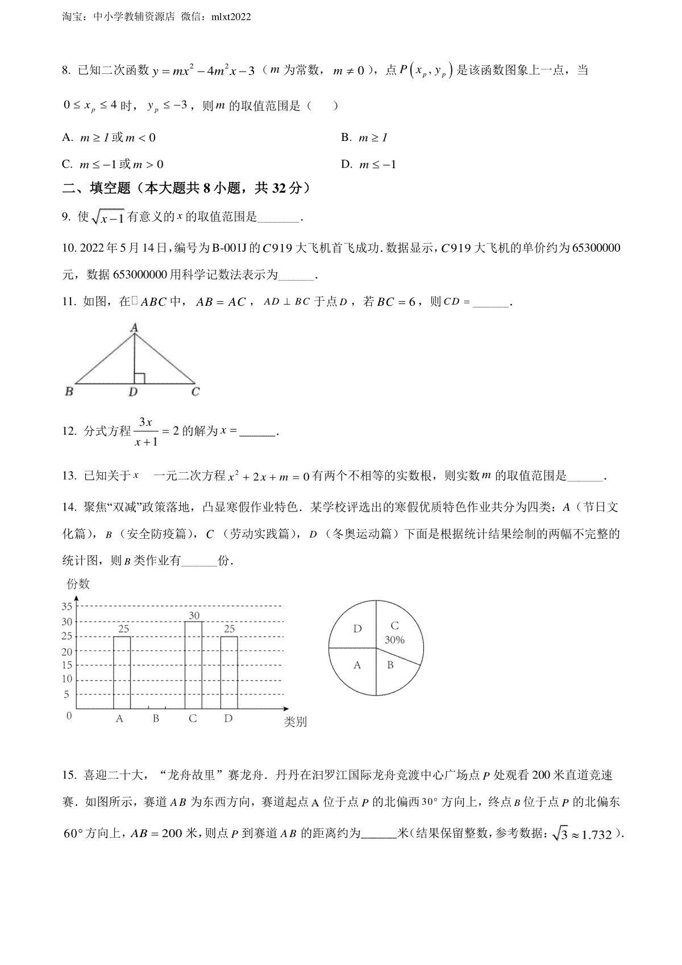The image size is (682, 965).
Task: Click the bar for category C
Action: click(193, 665)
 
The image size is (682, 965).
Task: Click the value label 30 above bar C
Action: click(194, 615)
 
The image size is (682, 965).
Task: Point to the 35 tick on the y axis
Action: click(67, 606)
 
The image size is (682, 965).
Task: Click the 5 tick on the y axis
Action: click(67, 694)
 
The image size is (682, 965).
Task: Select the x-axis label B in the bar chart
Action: click(156, 719)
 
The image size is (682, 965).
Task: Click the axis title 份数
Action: click(78, 584)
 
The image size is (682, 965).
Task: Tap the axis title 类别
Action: click(295, 722)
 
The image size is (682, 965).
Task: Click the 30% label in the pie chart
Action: click(394, 640)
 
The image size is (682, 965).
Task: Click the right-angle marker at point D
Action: click(139, 378)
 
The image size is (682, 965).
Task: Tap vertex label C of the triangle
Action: click(195, 392)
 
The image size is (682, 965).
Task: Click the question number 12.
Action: click(69, 431)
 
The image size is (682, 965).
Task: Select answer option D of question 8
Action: click(347, 165)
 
